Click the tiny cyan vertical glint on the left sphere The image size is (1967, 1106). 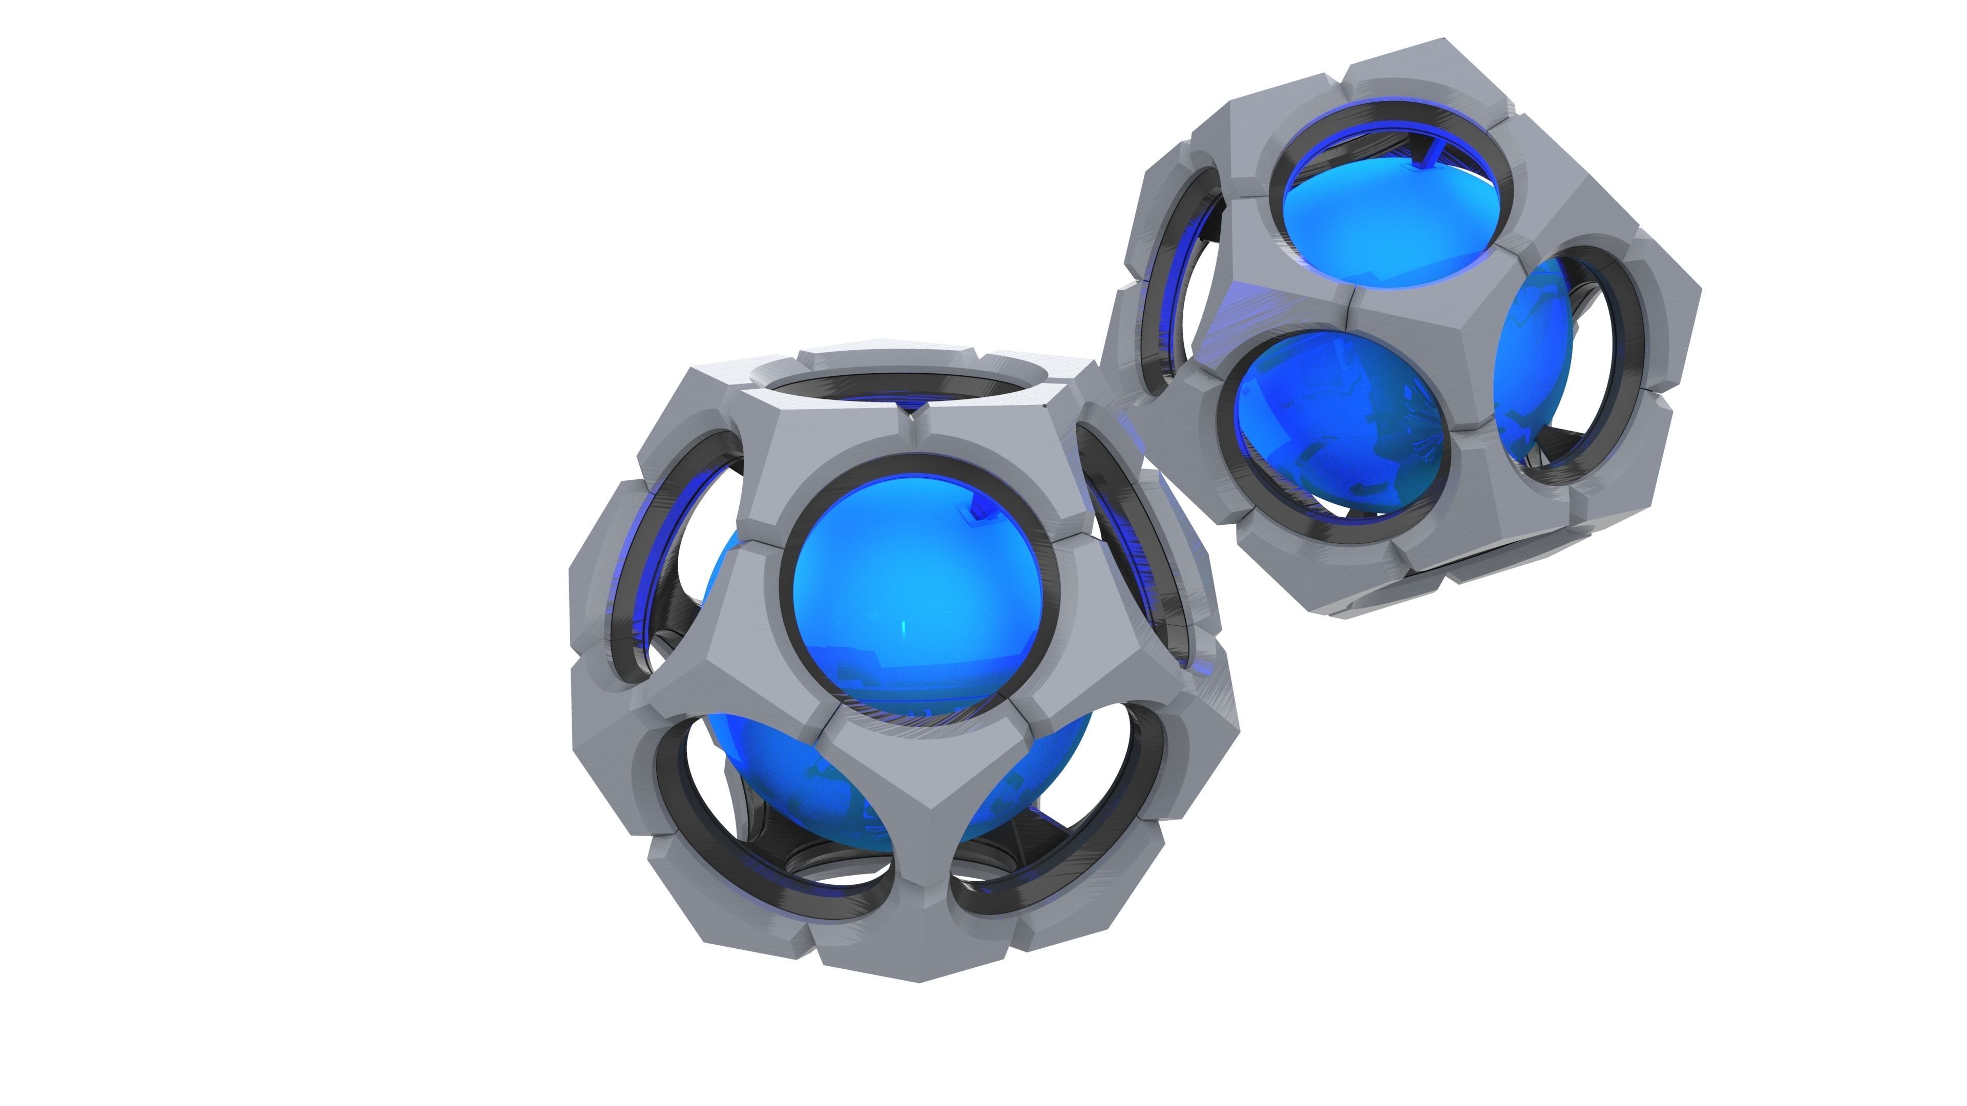tap(904, 630)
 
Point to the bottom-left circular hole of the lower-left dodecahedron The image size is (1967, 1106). tap(771, 817)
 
